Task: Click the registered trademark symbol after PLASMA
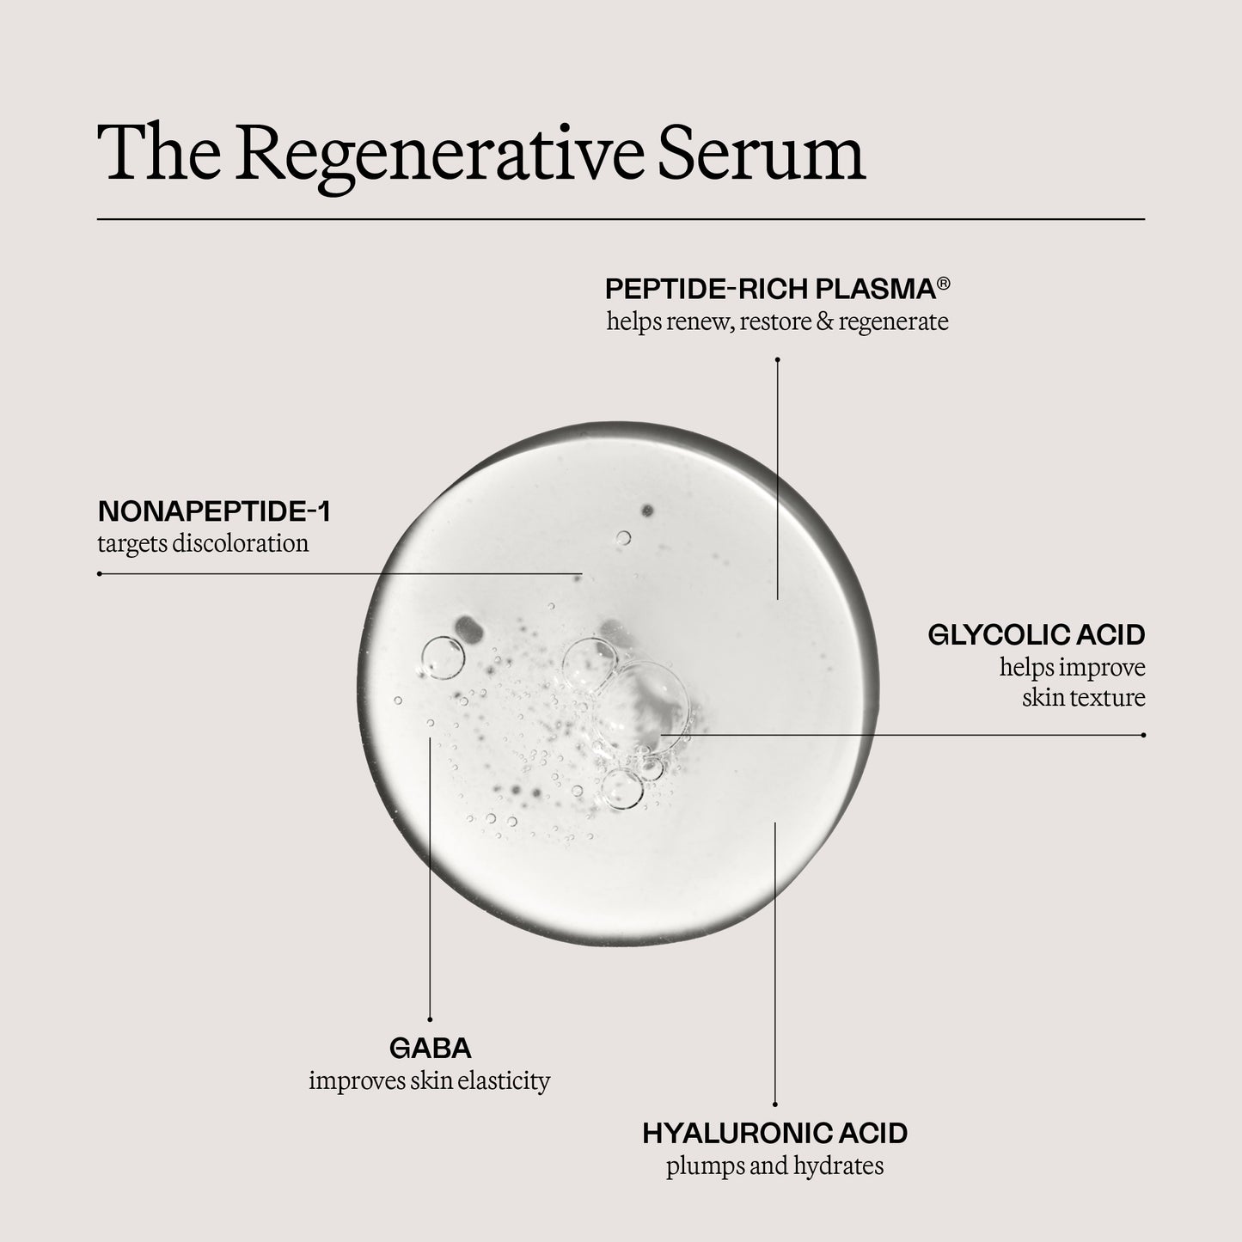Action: click(x=943, y=283)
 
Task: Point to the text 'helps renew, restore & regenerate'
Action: click(x=777, y=322)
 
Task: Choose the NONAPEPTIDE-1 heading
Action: click(x=214, y=511)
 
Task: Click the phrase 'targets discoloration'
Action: click(x=203, y=543)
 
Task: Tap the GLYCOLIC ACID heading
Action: click(x=1037, y=635)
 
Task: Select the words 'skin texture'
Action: click(x=1083, y=697)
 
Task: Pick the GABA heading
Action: click(x=430, y=1049)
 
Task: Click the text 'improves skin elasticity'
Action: click(x=429, y=1080)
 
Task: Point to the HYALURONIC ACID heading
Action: click(x=774, y=1133)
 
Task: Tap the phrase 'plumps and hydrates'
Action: click(x=774, y=1166)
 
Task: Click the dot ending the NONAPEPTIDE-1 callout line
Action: click(x=100, y=573)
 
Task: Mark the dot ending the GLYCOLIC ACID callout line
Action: click(x=1143, y=735)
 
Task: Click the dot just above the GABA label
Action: click(x=430, y=1019)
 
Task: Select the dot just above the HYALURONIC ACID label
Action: click(x=775, y=1104)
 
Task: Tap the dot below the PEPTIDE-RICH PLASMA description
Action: click(x=777, y=359)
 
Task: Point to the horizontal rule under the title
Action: click(x=621, y=220)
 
